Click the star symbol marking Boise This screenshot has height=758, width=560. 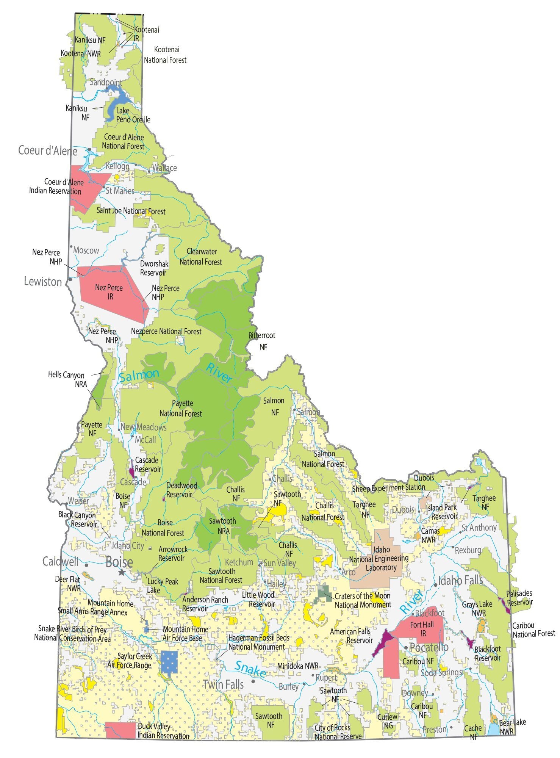pos(121,572)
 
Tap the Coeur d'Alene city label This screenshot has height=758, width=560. pos(48,151)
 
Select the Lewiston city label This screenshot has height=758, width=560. pos(43,282)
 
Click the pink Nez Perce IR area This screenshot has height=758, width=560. pos(110,292)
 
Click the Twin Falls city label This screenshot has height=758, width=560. pos(224,684)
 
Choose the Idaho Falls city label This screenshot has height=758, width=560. pos(461,580)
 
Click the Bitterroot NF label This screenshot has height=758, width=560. pos(262,341)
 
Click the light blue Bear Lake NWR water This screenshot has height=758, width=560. pos(493,729)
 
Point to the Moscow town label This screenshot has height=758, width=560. pos(86,251)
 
